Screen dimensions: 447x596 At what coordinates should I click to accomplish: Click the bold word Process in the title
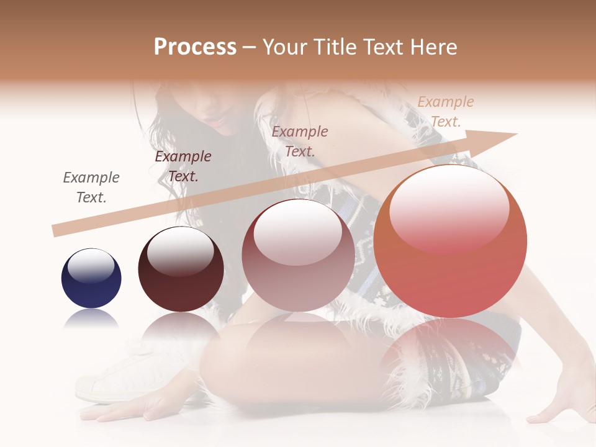(x=195, y=47)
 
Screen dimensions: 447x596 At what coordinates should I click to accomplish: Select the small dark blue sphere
(x=91, y=278)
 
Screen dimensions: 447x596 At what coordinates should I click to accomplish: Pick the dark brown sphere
(x=181, y=269)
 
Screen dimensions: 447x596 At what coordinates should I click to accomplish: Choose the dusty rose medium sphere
(x=298, y=255)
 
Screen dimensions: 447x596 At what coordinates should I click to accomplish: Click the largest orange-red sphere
(x=450, y=242)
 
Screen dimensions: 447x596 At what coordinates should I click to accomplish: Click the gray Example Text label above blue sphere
(x=91, y=187)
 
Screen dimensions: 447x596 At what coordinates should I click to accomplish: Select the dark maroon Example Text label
(x=183, y=166)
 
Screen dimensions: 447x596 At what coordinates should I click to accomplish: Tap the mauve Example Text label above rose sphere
(x=300, y=141)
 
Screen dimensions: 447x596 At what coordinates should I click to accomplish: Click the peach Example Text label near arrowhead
(x=445, y=111)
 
